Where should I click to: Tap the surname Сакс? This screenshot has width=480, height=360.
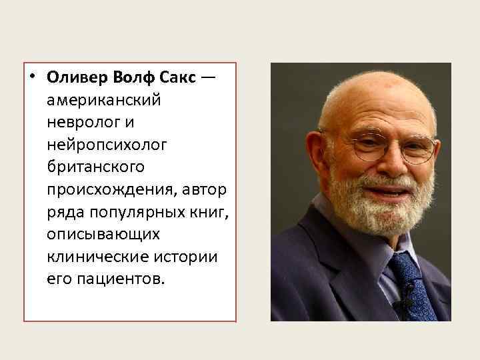[177, 77]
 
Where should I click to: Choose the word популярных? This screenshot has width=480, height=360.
[129, 213]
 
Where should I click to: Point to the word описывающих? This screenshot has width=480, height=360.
[103, 235]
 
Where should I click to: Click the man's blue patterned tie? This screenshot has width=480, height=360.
[411, 286]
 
